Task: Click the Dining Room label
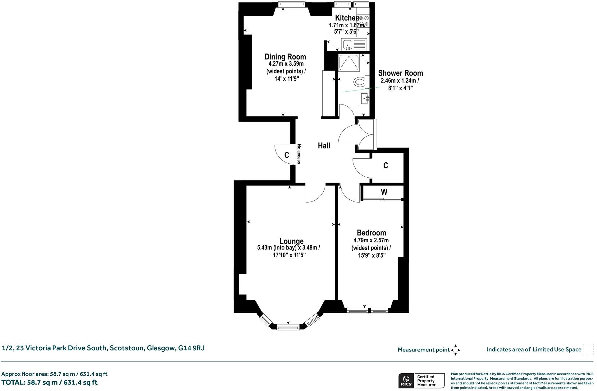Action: pos(285,57)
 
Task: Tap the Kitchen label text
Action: pos(347,18)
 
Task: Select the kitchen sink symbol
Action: pos(347,45)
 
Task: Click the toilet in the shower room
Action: pos(360,82)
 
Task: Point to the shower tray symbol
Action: pos(349,63)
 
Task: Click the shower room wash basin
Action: pos(365,99)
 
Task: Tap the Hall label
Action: pos(324,146)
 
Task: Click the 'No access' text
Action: pos(299,154)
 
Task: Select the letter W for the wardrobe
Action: pos(384,192)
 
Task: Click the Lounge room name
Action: pos(291,241)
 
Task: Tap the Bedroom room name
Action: pos(371,233)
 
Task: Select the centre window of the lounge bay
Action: pos(288,327)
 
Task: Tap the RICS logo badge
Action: pos(406,380)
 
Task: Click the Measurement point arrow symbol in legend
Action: pos(455,350)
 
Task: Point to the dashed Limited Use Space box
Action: pos(588,349)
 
